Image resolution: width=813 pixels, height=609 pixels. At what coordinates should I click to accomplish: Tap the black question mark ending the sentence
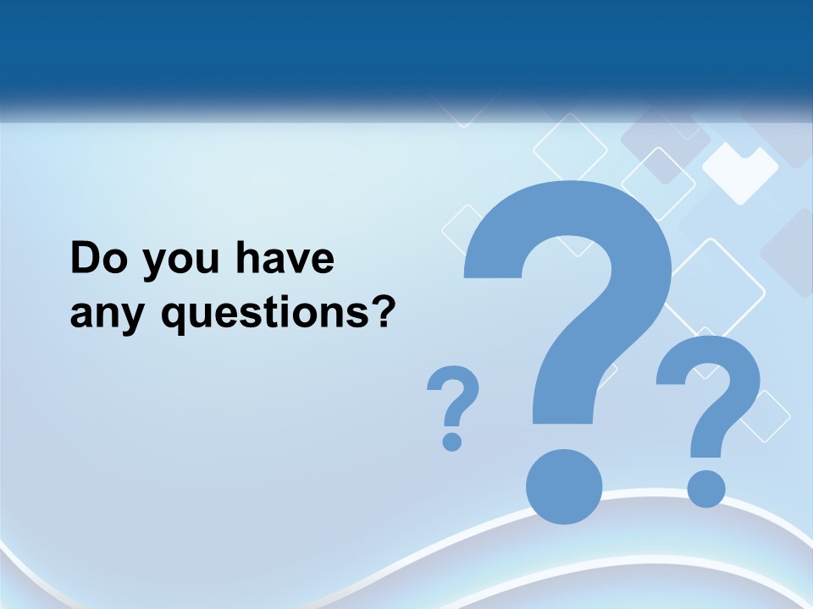pos(384,311)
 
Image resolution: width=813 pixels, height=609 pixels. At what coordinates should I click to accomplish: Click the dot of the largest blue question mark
pos(564,486)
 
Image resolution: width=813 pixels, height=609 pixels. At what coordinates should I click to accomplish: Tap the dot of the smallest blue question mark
pos(452,441)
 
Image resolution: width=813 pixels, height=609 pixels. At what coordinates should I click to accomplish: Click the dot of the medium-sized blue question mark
pos(705,489)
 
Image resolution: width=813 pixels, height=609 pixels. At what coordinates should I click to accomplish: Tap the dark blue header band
pos(406,47)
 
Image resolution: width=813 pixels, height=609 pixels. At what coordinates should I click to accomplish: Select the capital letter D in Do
pos(86,259)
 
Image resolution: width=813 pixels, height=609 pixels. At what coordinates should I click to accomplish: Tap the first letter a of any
pos(81,315)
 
